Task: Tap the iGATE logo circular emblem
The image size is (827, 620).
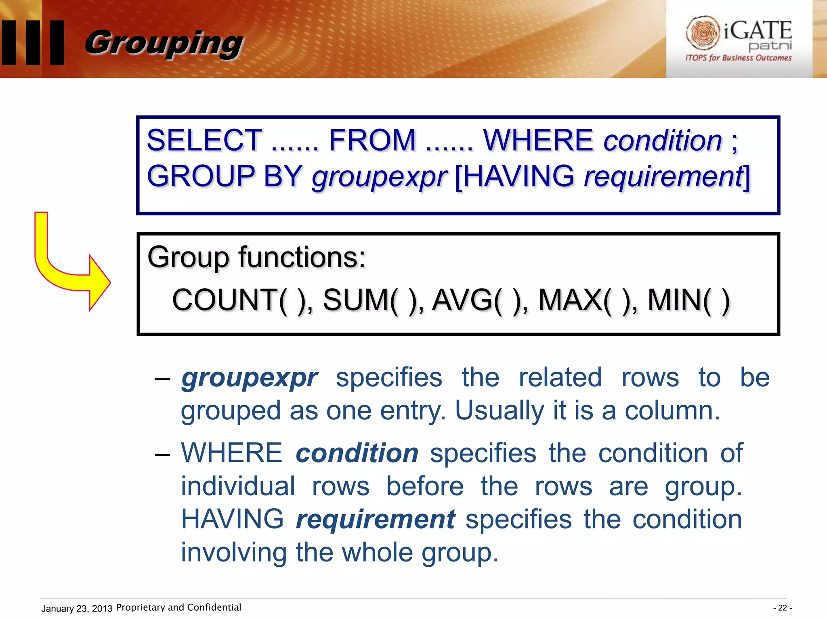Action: pos(703,33)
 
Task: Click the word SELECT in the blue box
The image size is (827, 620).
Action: pos(204,140)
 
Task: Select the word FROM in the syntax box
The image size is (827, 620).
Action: pos(372,140)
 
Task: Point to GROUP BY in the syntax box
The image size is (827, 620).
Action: pos(224,176)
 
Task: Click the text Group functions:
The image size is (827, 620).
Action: pos(256,257)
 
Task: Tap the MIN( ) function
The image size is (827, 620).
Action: pos(689,300)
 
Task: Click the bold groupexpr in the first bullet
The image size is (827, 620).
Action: pos(250,378)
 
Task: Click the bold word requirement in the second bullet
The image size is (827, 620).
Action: pos(376,519)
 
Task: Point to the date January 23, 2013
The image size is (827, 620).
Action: pos(77,609)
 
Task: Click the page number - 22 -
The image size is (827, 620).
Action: pos(782,608)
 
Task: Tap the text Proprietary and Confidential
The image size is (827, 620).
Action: pos(178,607)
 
